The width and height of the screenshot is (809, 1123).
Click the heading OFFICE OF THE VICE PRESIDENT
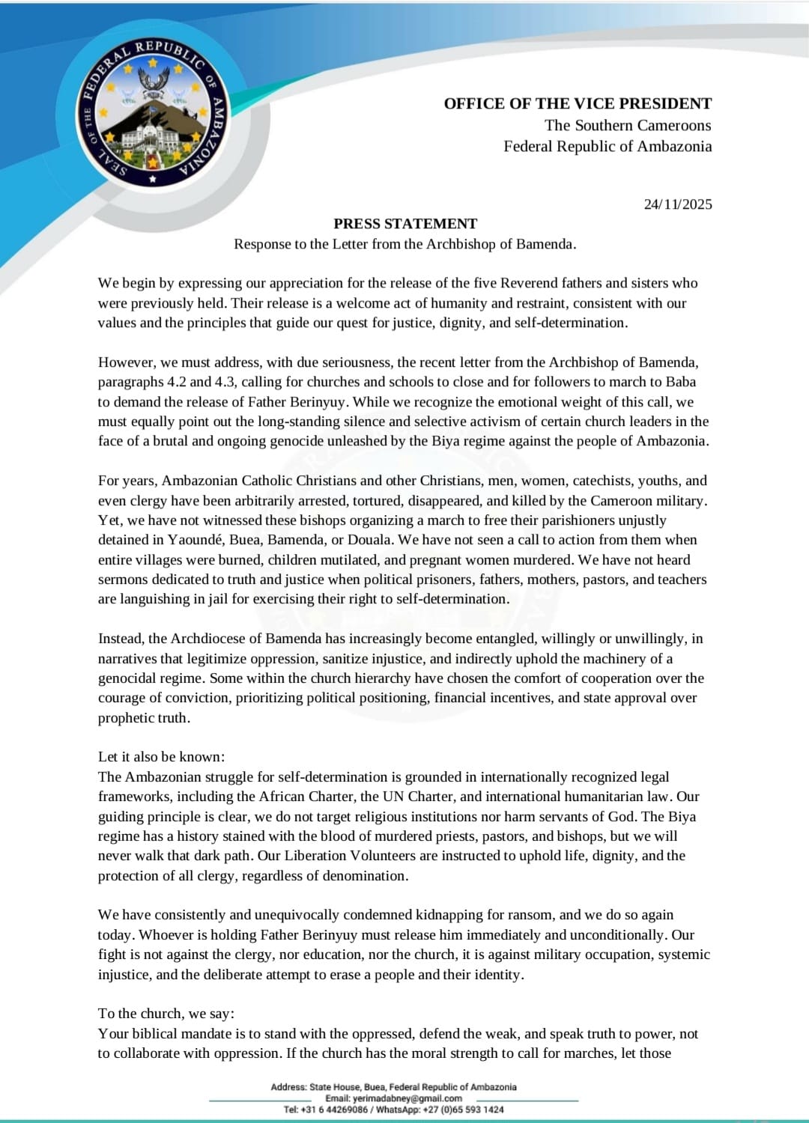(x=578, y=103)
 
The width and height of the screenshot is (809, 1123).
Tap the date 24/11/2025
(x=678, y=204)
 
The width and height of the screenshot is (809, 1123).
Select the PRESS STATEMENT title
(x=405, y=224)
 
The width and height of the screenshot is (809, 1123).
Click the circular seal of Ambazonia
(x=153, y=113)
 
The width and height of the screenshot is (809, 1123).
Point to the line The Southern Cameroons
(x=628, y=125)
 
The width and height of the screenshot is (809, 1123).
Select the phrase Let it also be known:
(x=161, y=757)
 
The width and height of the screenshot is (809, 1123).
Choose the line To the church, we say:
(x=166, y=1014)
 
